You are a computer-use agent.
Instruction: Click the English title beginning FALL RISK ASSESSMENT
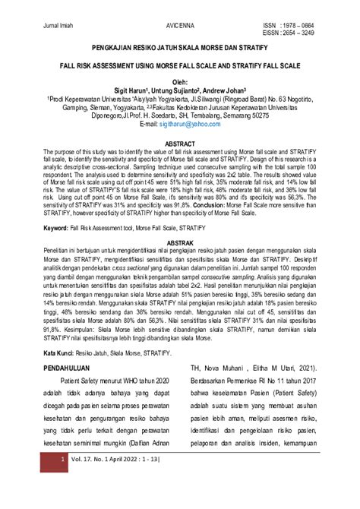click(x=179, y=66)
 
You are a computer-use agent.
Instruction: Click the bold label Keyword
click(x=57, y=226)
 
